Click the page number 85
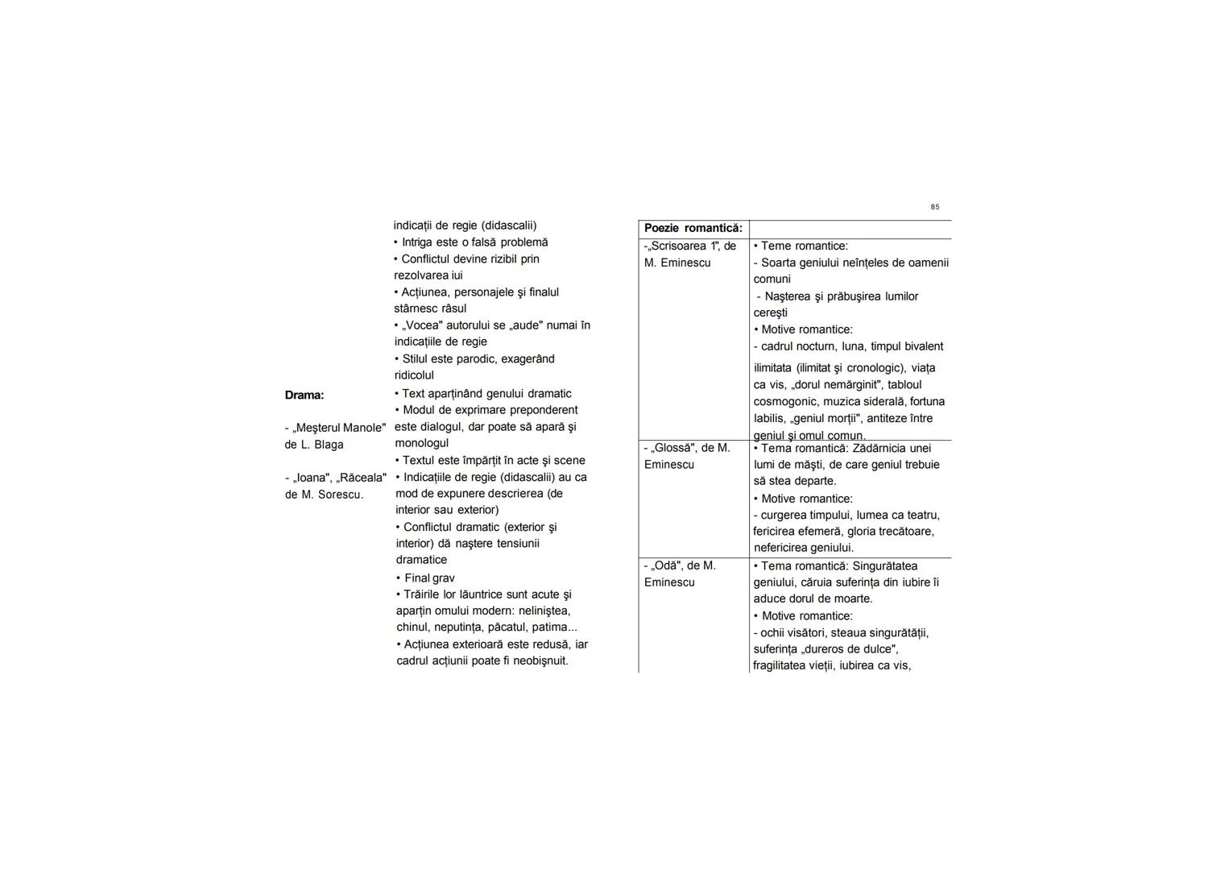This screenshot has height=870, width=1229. pyautogui.click(x=934, y=207)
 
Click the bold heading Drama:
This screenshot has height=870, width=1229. pyautogui.click(x=304, y=395)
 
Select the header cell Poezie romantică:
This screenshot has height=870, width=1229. pyautogui.click(x=693, y=228)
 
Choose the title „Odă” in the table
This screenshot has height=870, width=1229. pyautogui.click(x=668, y=565)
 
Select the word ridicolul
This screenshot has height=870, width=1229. pyautogui.click(x=414, y=375)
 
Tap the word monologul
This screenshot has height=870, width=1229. pyautogui.click(x=422, y=443)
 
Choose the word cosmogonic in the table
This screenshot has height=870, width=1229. pyautogui.click(x=784, y=401)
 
